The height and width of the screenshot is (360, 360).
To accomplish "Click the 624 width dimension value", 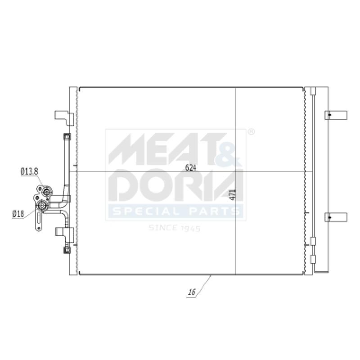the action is [191, 168].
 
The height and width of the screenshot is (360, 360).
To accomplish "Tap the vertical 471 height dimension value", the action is [233, 194].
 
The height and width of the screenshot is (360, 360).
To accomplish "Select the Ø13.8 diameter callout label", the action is [29, 171].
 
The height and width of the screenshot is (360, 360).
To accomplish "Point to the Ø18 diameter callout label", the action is [18, 214].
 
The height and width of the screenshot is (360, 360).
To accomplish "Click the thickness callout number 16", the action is [192, 292].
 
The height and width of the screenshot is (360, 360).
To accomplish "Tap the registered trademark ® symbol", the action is [252, 131].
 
